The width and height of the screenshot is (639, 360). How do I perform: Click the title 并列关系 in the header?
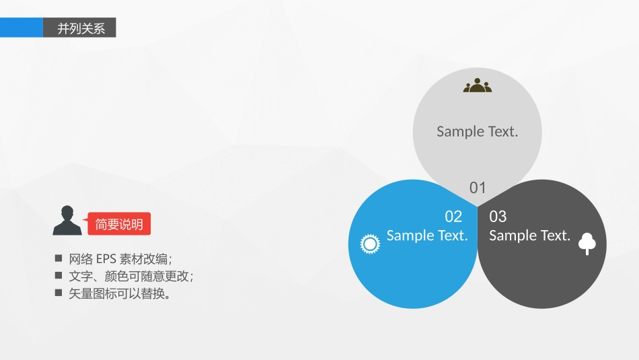tap(81, 28)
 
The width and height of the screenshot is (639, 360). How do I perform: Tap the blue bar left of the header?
tap(21, 28)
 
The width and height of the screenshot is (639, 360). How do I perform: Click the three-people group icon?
tap(478, 85)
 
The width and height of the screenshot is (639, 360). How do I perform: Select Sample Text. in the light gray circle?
tap(477, 131)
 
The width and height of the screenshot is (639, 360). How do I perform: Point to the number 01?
tap(478, 188)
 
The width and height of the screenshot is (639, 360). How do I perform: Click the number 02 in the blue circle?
tap(453, 217)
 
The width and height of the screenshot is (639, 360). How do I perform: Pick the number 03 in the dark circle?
tap(498, 217)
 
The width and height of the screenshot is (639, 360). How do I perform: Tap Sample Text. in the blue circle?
tap(427, 236)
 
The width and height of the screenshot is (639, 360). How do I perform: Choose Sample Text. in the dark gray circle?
tap(529, 236)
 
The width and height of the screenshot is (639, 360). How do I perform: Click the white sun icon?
tap(370, 244)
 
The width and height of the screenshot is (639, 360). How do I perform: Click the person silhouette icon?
tap(67, 221)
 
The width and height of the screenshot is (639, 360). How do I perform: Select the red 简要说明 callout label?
tap(119, 225)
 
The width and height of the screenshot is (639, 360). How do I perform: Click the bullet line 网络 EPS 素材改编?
tap(120, 259)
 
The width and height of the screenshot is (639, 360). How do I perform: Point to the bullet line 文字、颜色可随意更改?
tap(131, 277)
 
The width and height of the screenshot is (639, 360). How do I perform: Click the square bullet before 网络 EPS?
tap(59, 258)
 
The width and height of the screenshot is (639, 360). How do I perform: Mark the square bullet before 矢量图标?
tap(59, 293)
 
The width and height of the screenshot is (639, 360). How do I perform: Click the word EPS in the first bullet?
tap(106, 259)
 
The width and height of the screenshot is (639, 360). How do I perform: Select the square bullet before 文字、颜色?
tap(59, 276)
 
